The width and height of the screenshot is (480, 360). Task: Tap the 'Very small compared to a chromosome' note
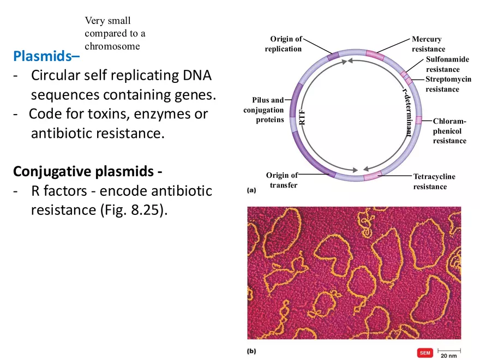[115, 34]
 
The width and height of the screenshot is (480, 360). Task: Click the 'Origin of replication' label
[284, 44]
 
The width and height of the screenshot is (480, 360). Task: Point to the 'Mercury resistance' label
[428, 44]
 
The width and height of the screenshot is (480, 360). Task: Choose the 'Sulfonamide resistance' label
[447, 64]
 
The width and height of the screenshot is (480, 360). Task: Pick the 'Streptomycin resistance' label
[448, 84]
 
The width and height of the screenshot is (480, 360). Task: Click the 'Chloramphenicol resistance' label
[449, 131]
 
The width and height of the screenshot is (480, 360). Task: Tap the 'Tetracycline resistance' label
[434, 182]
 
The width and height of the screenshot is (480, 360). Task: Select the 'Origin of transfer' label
[283, 180]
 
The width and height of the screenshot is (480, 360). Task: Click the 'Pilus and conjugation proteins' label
[264, 110]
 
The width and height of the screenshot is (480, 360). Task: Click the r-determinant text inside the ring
[406, 114]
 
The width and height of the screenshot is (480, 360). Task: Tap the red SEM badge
[425, 353]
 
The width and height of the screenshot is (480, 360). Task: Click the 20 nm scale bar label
[449, 356]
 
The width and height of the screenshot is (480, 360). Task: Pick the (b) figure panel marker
[251, 351]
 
